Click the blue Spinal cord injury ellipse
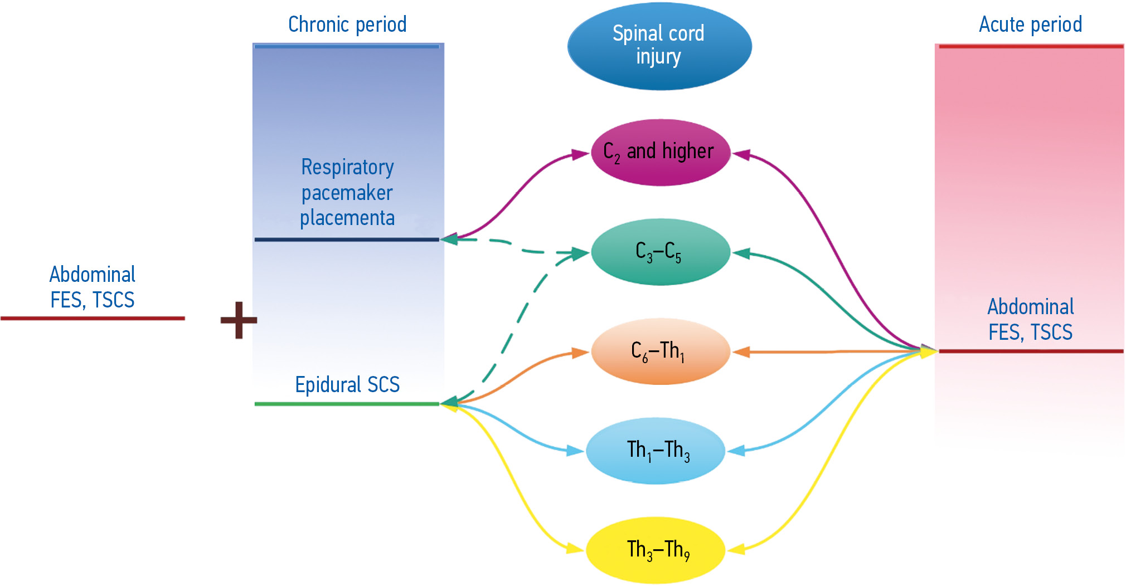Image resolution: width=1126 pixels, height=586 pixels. pyautogui.click(x=659, y=46)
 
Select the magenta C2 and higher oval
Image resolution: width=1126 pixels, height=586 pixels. pyautogui.click(x=660, y=152)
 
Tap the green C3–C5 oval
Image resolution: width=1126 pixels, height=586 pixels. pyautogui.click(x=660, y=252)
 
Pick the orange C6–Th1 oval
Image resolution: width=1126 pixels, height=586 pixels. pyautogui.click(x=660, y=351)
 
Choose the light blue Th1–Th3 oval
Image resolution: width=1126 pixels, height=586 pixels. pyautogui.click(x=656, y=451)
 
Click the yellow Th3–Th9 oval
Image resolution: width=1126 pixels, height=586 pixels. pyautogui.click(x=656, y=550)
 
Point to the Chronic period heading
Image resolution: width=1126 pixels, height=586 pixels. pyautogui.click(x=347, y=25)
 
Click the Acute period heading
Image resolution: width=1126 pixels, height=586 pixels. pyautogui.click(x=1030, y=25)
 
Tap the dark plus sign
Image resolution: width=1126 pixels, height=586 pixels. pyautogui.click(x=239, y=320)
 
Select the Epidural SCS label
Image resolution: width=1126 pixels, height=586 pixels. pyautogui.click(x=347, y=385)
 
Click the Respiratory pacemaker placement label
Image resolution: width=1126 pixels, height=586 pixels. pyautogui.click(x=347, y=193)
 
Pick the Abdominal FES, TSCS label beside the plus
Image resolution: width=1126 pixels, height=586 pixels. pyautogui.click(x=93, y=287)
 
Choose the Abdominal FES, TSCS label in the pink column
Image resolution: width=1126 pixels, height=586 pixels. pyautogui.click(x=1030, y=320)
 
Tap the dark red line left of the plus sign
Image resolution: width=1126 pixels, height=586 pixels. pyautogui.click(x=93, y=319)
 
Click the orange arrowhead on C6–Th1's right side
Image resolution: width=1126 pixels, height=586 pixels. pyautogui.click(x=741, y=352)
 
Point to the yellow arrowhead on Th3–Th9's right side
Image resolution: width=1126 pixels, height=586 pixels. pyautogui.click(x=736, y=550)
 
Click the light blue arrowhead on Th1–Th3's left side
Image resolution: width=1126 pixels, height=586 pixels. pyautogui.click(x=575, y=451)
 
